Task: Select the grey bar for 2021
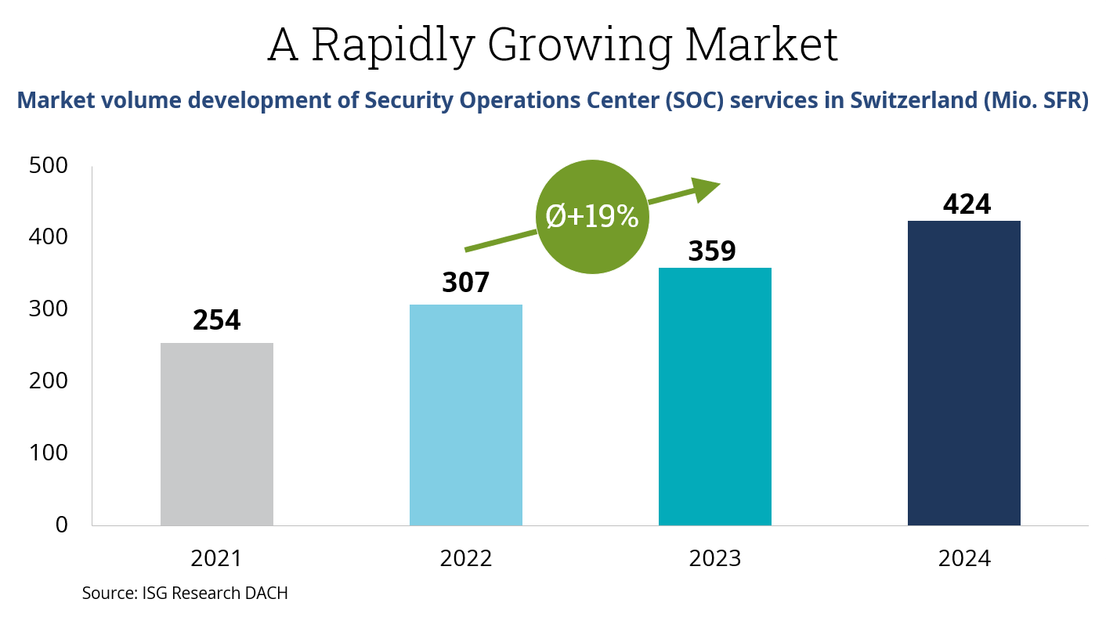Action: click(217, 434)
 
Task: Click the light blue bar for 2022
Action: click(466, 415)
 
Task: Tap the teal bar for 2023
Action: click(715, 396)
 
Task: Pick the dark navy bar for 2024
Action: click(964, 373)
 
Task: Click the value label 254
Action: click(217, 320)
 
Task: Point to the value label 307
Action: click(466, 282)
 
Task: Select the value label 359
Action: click(712, 251)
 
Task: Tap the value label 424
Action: click(967, 204)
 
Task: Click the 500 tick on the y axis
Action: click(48, 166)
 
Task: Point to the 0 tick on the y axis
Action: click(61, 525)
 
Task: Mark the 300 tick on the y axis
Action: click(48, 309)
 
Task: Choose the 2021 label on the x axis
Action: click(217, 559)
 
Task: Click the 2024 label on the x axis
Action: click(964, 559)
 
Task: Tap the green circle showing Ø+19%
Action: click(592, 216)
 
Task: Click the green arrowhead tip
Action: click(717, 183)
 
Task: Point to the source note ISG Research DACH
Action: click(185, 594)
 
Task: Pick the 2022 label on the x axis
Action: click(466, 559)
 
